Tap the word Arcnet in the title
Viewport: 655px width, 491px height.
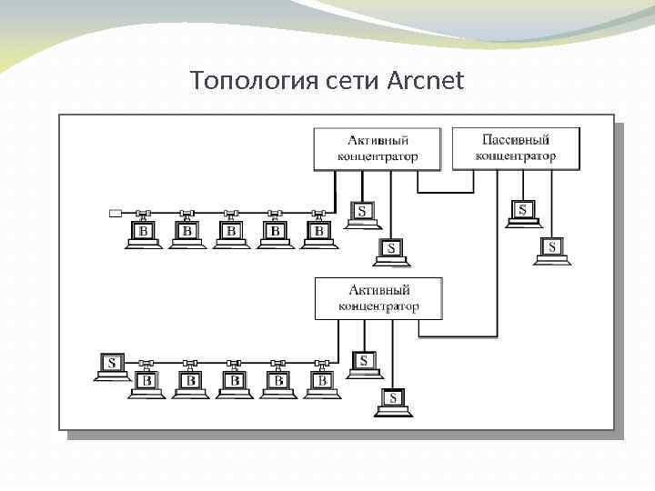click(x=426, y=81)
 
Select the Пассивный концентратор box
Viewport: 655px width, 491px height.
click(x=516, y=148)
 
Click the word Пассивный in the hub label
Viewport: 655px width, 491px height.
click(x=516, y=140)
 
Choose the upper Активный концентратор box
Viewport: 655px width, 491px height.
click(x=378, y=148)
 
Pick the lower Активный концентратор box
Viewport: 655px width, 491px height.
click(x=378, y=298)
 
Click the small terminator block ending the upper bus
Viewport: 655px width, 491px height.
click(x=116, y=214)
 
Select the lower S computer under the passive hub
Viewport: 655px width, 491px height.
click(x=551, y=248)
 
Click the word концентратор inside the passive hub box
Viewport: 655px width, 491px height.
click(x=516, y=156)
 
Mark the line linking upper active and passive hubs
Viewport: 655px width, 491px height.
click(x=446, y=192)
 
